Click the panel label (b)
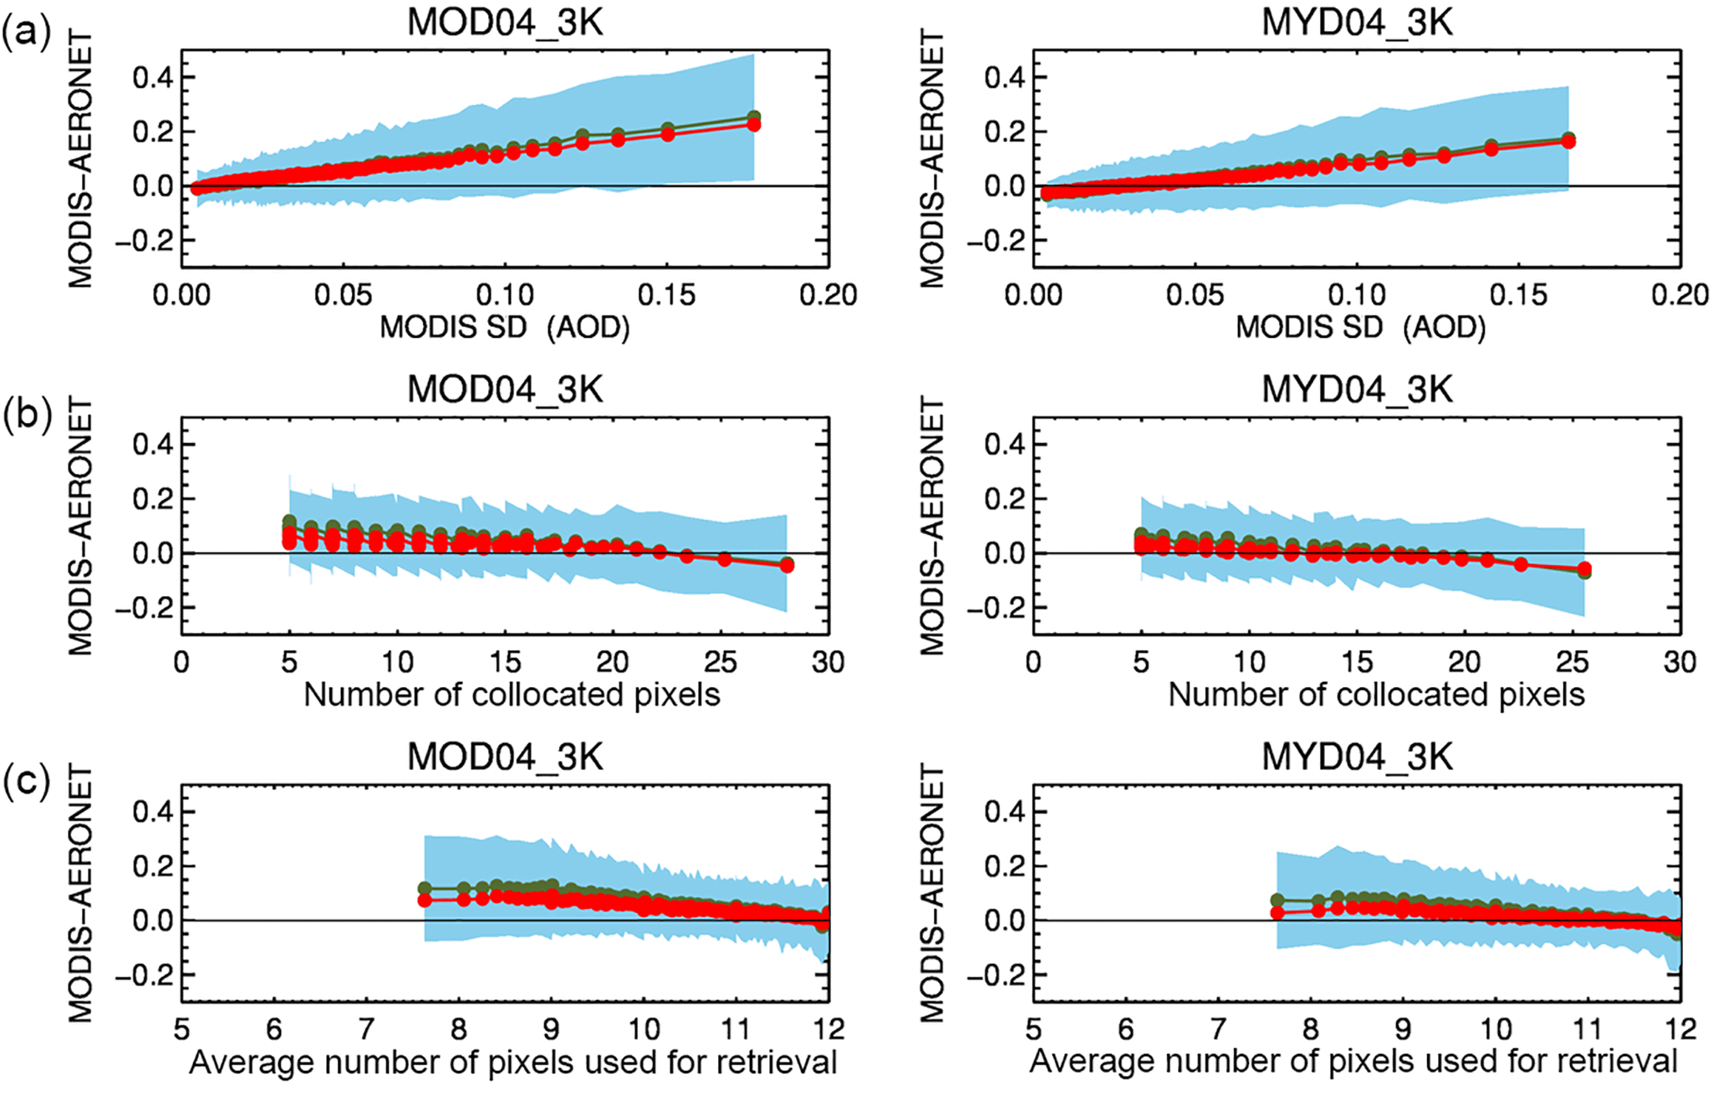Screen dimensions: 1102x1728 [x=27, y=414]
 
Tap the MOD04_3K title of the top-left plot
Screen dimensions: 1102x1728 [x=505, y=23]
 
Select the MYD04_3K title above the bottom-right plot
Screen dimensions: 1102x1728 [x=1357, y=757]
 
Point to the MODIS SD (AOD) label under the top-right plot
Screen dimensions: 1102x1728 [x=1360, y=327]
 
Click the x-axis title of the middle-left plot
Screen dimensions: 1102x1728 [x=512, y=695]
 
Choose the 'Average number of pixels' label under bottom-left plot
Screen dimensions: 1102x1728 [x=512, y=1062]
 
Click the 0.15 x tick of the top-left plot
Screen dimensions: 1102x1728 [x=666, y=294]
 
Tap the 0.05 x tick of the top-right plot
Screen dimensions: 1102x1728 [x=1195, y=294]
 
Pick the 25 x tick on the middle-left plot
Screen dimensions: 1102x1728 [x=721, y=662]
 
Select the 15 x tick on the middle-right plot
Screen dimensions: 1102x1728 [x=1357, y=662]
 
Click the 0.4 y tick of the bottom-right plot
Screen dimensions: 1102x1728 [x=1004, y=811]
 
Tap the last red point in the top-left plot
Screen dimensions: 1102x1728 [x=753, y=125]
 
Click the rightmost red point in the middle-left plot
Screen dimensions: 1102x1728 [x=787, y=566]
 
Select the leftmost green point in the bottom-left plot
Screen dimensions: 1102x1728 [x=425, y=889]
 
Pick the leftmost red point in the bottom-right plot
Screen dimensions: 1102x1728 [x=1277, y=913]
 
